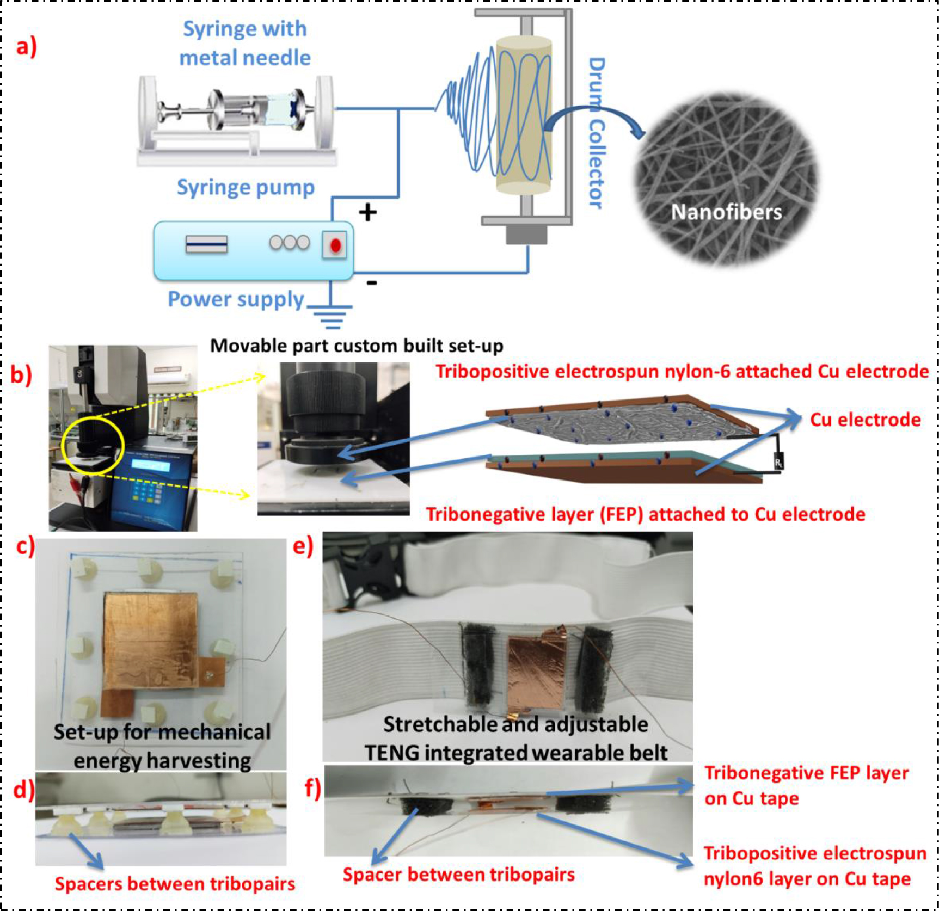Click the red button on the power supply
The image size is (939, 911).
(335, 245)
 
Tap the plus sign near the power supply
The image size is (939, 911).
(367, 212)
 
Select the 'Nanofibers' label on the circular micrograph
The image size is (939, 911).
(726, 212)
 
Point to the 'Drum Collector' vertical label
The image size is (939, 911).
(597, 133)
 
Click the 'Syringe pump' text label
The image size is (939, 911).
(246, 187)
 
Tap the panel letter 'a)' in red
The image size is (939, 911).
(26, 46)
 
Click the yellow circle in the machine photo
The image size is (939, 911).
(93, 446)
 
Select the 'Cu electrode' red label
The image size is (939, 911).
(865, 420)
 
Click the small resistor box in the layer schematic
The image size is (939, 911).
(779, 463)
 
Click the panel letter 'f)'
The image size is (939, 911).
(312, 787)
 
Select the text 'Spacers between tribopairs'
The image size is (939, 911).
(175, 884)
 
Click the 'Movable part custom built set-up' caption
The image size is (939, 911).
(357, 346)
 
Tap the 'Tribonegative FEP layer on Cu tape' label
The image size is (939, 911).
(806, 785)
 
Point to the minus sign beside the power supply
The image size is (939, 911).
(372, 282)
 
